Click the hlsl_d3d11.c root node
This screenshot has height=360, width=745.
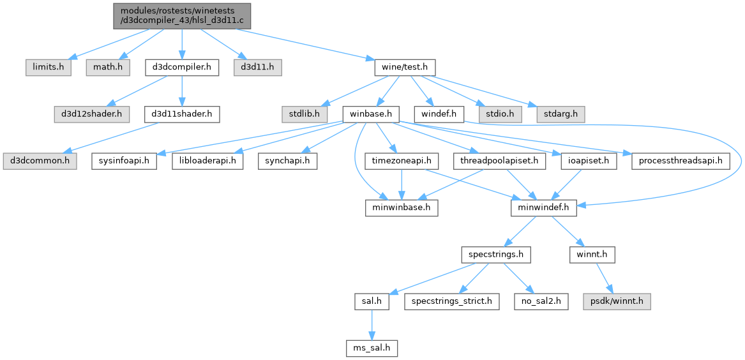coord(182,16)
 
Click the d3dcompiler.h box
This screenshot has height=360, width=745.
coord(182,68)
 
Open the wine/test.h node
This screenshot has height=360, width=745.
coord(405,68)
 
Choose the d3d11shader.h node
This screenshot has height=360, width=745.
coord(182,114)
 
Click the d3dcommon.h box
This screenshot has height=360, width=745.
coord(40,161)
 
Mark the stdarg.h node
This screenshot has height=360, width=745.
coord(561,114)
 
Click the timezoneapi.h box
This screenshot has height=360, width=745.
coord(402,161)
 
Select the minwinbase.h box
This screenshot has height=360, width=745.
coord(402,208)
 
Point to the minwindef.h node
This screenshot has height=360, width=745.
coord(543,208)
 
